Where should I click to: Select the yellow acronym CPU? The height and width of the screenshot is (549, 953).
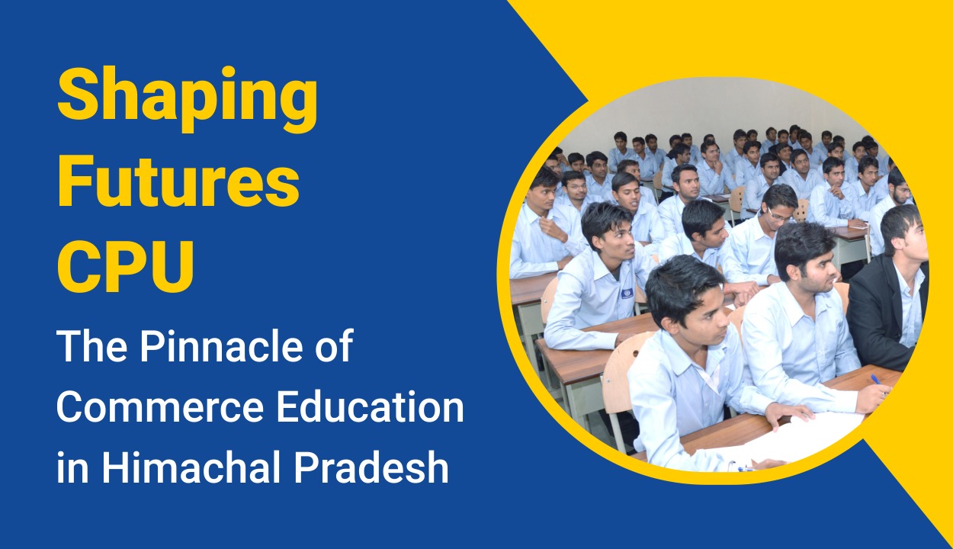tap(126, 268)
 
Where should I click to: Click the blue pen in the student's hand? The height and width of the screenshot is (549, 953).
tap(876, 380)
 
